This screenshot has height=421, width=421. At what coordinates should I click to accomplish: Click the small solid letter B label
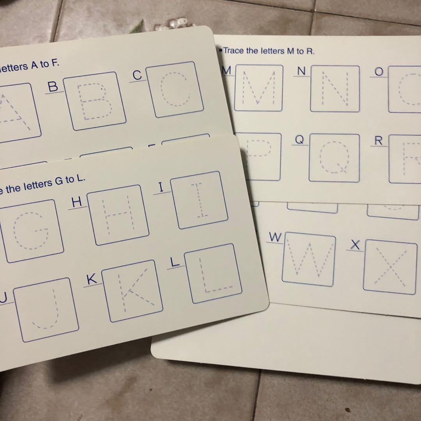53,87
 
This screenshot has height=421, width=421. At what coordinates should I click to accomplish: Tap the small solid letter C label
137,75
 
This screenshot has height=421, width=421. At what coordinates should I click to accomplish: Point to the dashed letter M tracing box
258,88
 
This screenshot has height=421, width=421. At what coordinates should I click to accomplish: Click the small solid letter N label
301,71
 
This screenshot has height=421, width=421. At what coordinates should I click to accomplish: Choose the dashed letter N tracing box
335,89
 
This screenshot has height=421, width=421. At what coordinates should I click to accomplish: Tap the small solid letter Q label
299,140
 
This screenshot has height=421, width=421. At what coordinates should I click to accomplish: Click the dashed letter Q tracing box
334,158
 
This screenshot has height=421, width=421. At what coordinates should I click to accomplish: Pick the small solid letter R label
378,141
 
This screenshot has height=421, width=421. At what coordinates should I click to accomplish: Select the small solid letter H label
77,202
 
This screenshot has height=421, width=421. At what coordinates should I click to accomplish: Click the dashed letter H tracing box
117,215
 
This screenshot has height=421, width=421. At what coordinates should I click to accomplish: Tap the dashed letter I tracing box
199,200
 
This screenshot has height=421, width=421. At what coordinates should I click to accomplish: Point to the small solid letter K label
91,279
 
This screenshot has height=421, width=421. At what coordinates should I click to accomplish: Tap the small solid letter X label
355,244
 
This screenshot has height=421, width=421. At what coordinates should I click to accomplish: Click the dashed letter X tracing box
390,267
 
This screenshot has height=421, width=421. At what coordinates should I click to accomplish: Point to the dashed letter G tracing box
31,231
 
